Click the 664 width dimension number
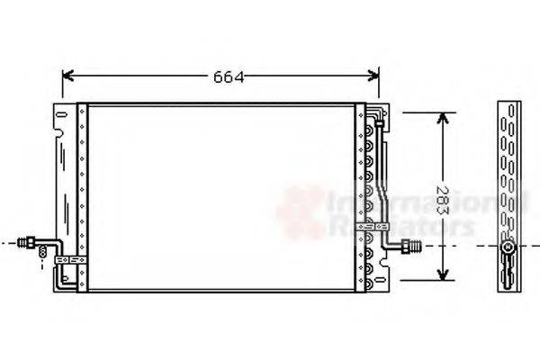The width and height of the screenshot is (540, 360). [x=229, y=77]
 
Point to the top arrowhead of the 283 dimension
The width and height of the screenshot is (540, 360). [x=442, y=119]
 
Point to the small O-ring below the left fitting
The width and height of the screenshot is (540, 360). [x=41, y=257]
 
